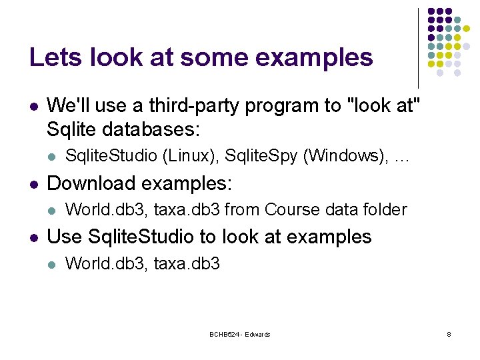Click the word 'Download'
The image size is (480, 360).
pos(90,183)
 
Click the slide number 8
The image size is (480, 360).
pos(449,334)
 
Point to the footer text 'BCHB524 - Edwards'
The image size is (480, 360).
pos(240,334)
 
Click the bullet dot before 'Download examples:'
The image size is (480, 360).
pos(33,183)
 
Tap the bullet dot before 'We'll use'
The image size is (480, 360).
pos(33,106)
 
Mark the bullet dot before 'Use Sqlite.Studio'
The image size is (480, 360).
pos(33,237)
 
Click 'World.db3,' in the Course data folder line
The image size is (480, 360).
pos(107,209)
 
